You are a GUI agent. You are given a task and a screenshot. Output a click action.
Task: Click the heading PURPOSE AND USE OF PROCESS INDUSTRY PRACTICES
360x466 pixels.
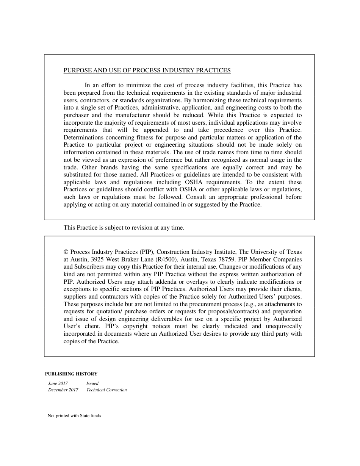click(147, 70)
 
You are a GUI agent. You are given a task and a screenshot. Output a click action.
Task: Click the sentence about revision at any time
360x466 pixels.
click(124, 228)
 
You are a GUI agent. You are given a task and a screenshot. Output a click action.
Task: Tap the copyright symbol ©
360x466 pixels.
click(66, 252)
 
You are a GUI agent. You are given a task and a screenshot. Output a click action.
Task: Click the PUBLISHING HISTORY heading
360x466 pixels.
click(71, 374)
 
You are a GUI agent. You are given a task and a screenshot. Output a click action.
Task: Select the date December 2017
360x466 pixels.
click(63, 390)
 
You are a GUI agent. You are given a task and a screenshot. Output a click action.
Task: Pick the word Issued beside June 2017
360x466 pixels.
click(92, 383)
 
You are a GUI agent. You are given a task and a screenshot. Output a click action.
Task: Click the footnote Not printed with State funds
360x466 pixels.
click(74, 416)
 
